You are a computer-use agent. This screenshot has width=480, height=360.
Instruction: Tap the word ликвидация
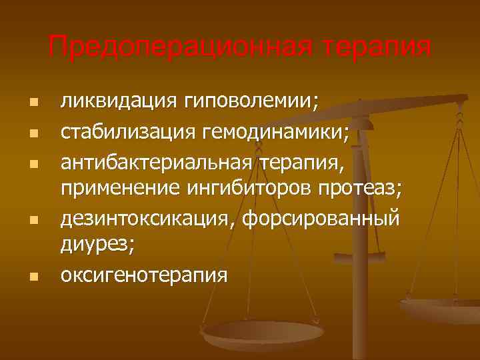tap(116, 101)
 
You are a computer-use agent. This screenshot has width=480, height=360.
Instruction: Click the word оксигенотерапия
tap(144, 275)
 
